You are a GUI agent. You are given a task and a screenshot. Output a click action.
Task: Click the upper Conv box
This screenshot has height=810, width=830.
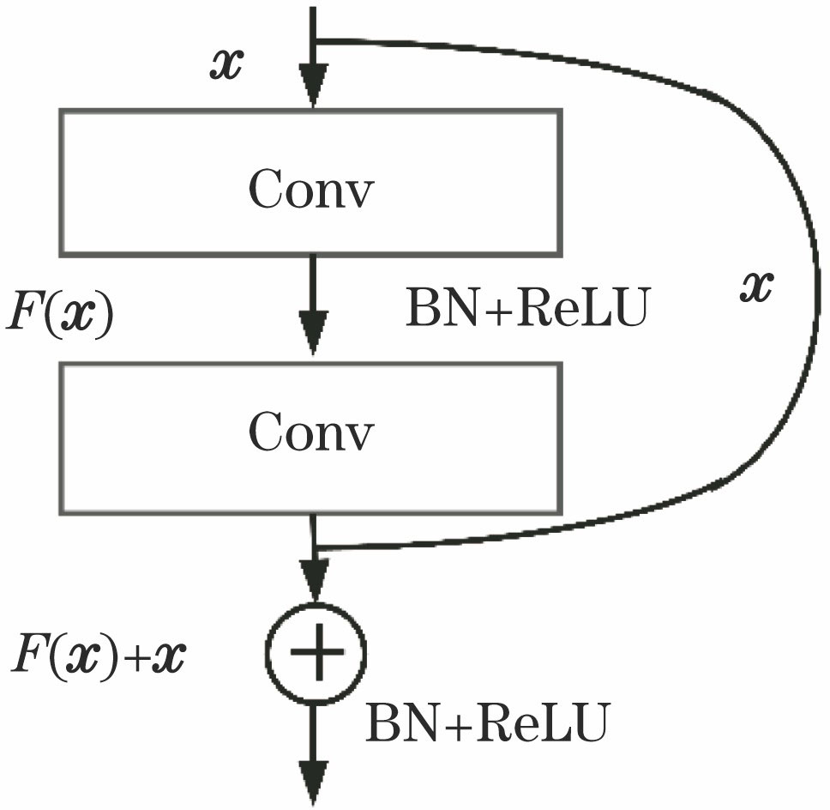point(310,182)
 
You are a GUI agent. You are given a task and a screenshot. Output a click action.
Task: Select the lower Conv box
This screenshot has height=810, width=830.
point(310,438)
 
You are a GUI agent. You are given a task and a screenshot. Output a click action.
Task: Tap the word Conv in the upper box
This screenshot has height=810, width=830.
point(311,190)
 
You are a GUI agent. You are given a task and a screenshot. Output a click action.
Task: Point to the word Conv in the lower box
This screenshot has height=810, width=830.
point(311,434)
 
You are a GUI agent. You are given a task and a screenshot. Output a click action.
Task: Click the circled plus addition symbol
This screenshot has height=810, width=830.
point(316,654)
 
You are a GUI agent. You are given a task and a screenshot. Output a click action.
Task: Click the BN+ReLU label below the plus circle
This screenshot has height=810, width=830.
point(487,724)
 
